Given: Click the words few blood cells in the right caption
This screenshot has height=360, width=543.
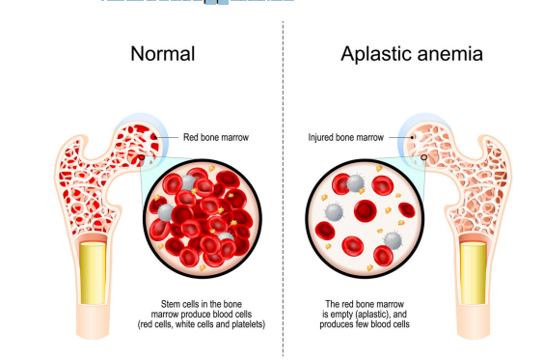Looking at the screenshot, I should (x=381, y=325).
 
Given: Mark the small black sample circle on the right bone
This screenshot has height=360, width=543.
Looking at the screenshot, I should (x=421, y=154).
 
